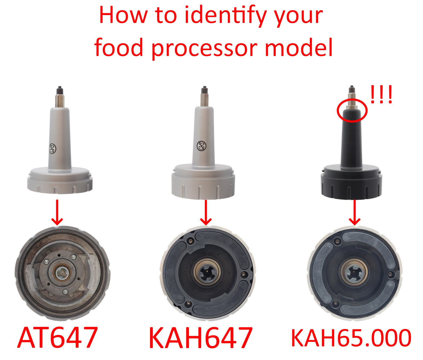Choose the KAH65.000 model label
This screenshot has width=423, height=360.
tap(351, 338)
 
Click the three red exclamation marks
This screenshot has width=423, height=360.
tap(381, 95)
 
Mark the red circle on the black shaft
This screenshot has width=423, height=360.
tap(352, 110)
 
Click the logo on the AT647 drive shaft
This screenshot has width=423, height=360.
tap(52, 149)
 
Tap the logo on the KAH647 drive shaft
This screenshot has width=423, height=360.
tap(201, 145)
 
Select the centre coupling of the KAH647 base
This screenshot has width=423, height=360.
tap(208, 272)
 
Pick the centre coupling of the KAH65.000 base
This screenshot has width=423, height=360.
tap(355, 273)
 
